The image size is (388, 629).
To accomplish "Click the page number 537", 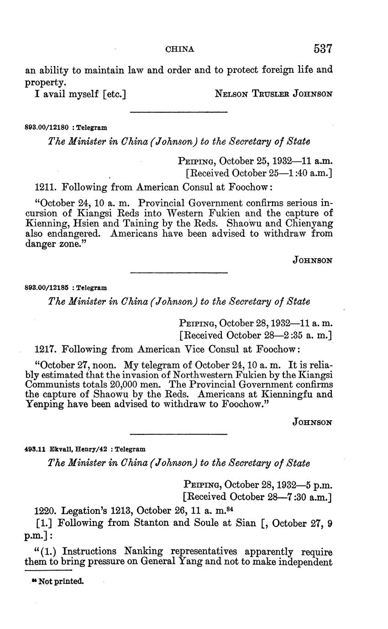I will point(323,49).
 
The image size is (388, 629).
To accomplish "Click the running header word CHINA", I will point(180,49).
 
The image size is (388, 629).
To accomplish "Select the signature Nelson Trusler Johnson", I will point(273,94).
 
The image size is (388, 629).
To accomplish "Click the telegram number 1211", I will point(45,187).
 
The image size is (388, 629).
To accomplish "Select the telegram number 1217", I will point(45,349).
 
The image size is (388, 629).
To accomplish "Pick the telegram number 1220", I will point(45,510).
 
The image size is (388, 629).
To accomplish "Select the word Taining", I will point(136,224).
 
